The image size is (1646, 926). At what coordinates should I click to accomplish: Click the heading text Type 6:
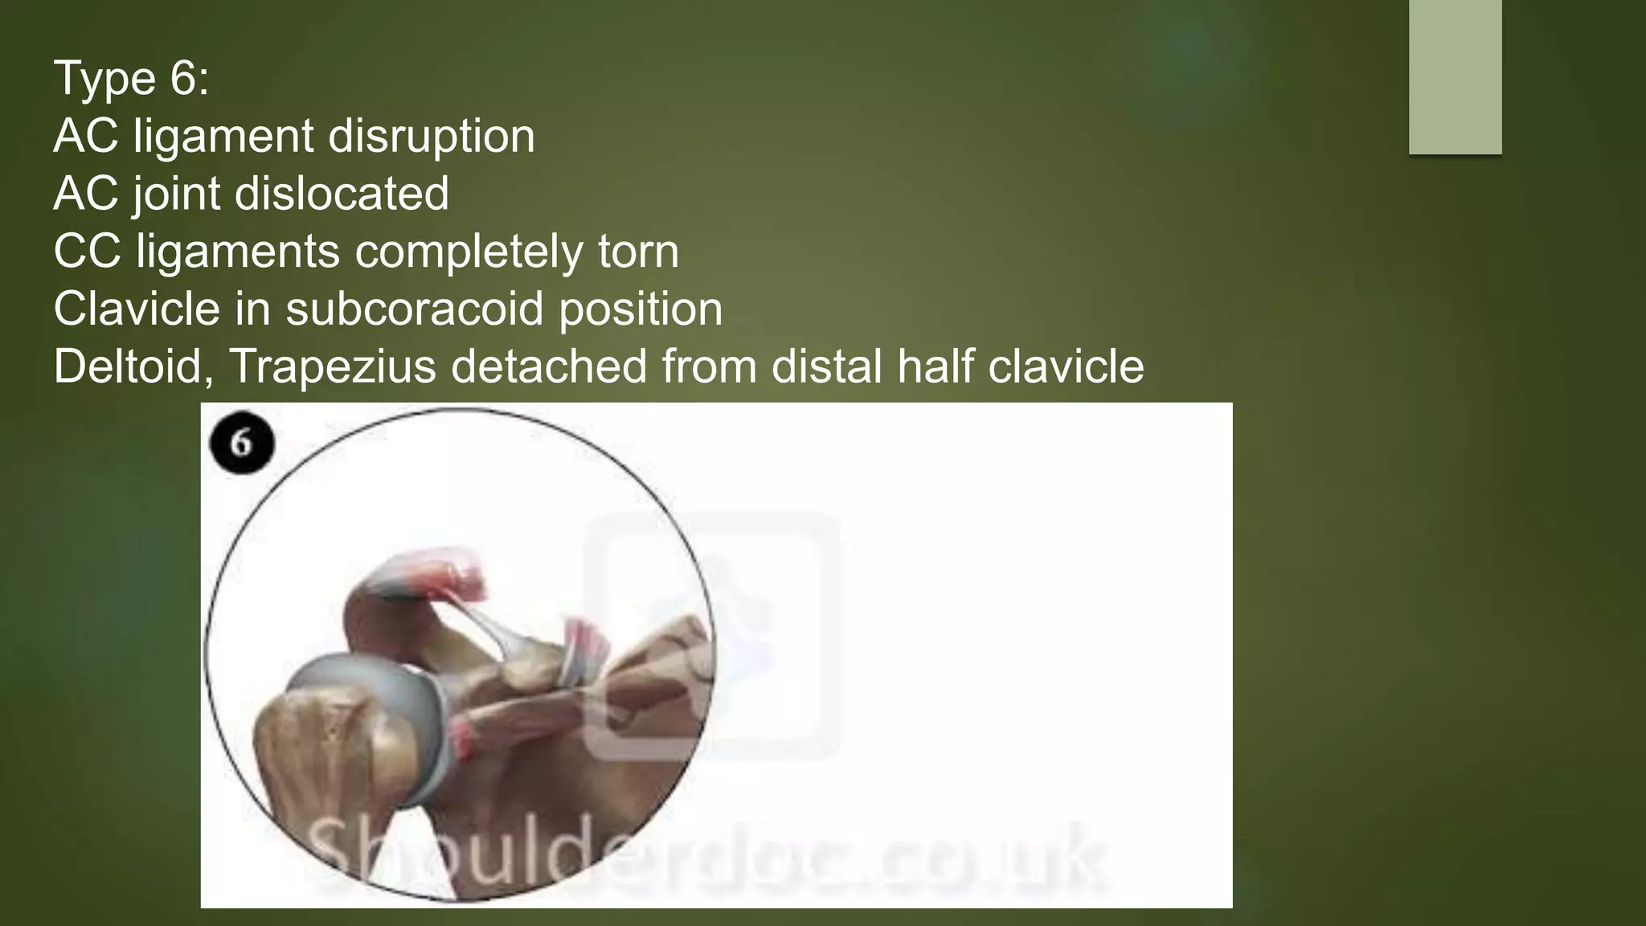pos(131,79)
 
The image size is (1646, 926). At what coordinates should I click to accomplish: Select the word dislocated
pos(342,194)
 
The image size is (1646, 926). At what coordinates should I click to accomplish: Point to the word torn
pos(638,252)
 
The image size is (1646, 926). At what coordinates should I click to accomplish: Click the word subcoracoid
pos(415,309)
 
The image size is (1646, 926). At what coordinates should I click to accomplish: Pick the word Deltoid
pos(127,367)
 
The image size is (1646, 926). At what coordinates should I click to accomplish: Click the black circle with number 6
pos(242,444)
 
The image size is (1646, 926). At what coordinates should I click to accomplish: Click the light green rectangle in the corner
pos(1455,77)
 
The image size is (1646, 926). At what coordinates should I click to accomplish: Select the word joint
pos(177,195)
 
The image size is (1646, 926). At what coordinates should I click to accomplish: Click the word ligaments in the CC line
pos(238,253)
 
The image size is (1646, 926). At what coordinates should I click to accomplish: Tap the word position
pos(641,309)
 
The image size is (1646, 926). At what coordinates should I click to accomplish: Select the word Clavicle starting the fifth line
pos(137,309)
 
